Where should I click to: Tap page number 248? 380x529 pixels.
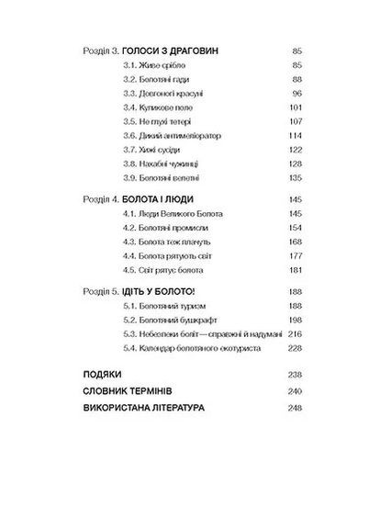pyautogui.click(x=296, y=407)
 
